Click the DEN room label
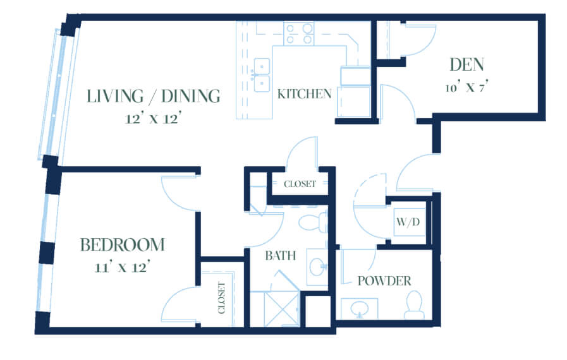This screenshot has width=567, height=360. [466, 64]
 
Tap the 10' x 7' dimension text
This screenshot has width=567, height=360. [467, 87]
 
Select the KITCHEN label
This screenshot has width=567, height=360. [304, 94]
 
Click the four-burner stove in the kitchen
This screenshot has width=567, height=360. [299, 33]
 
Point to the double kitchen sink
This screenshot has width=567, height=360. [262, 75]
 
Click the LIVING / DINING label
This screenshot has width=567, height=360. [154, 96]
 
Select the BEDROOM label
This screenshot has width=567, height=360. [122, 244]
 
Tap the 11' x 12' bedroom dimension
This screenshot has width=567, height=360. [122, 268]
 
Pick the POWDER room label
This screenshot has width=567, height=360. [384, 281]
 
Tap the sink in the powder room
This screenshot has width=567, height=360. [360, 309]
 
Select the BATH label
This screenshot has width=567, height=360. [280, 256]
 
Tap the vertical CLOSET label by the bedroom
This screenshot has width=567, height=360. [221, 298]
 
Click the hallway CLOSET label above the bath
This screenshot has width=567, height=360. [300, 184]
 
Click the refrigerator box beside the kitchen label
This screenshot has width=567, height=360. [354, 101]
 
